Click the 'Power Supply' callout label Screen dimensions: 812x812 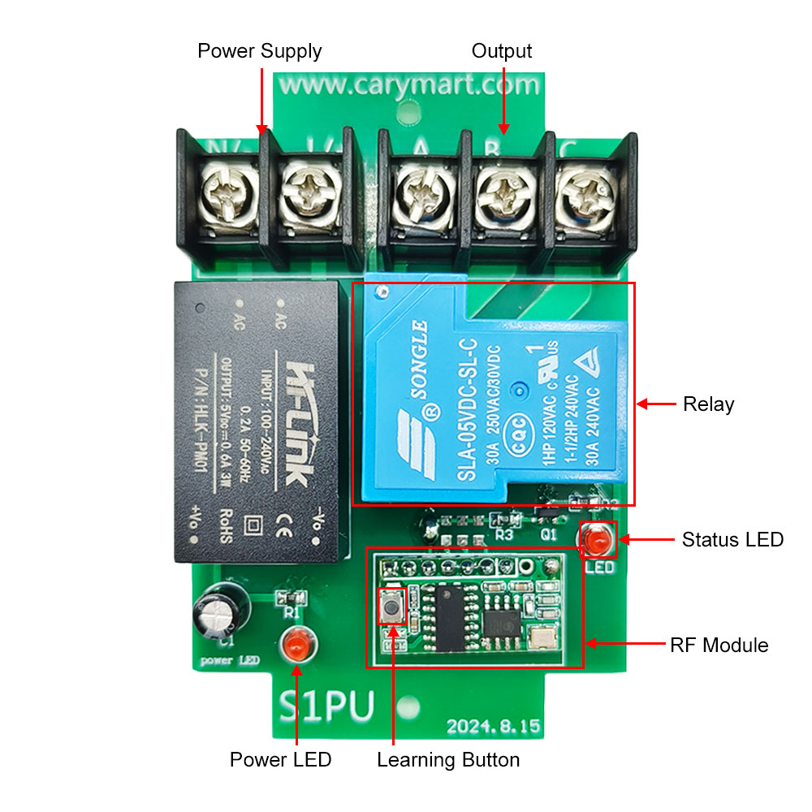pyautogui.click(x=259, y=51)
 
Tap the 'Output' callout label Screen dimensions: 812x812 pyautogui.click(x=502, y=51)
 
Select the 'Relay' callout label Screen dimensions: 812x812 pyautogui.click(x=708, y=404)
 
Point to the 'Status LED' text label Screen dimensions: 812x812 pyautogui.click(x=732, y=539)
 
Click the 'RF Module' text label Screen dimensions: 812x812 pyautogui.click(x=719, y=646)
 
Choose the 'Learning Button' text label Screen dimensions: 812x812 pyautogui.click(x=448, y=760)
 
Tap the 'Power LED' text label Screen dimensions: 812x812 pyautogui.click(x=280, y=760)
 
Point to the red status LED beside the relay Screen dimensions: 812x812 pyautogui.click(x=598, y=538)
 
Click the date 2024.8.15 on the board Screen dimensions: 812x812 pyautogui.click(x=493, y=726)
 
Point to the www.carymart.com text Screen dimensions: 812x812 pyautogui.click(x=408, y=84)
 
